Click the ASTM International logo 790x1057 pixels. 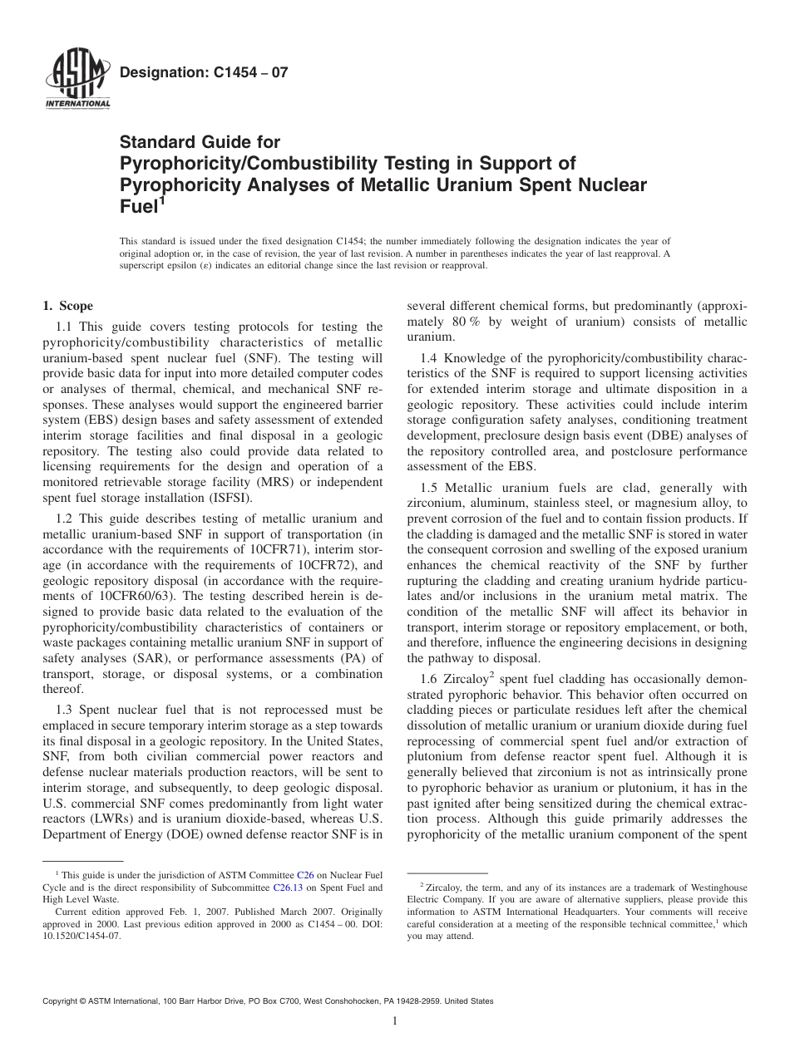pyautogui.click(x=77, y=80)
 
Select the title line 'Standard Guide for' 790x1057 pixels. pyautogui.click(x=200, y=142)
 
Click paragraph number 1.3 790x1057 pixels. pyautogui.click(x=67, y=710)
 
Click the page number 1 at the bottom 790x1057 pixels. pyautogui.click(x=395, y=1021)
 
